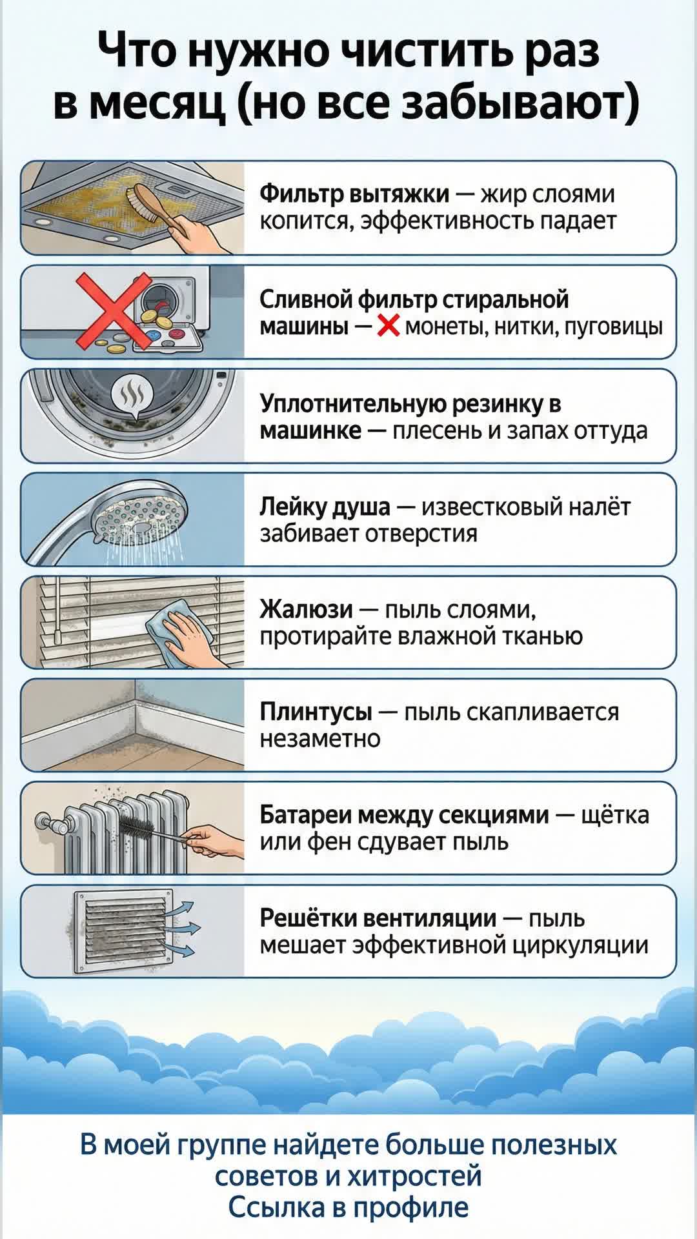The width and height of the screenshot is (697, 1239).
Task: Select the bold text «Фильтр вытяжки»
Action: [x=354, y=194]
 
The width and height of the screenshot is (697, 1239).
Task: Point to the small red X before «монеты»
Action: [x=388, y=327]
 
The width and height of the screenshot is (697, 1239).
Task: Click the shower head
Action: [x=136, y=516]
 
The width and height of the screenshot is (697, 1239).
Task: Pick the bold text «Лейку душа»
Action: [x=325, y=507]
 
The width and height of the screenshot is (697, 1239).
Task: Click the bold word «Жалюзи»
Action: [x=306, y=609]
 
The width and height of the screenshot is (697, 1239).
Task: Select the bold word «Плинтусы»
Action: [x=316, y=712]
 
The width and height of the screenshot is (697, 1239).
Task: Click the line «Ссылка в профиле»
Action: [x=348, y=1207]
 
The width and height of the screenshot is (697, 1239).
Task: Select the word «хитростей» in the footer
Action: [x=415, y=1176]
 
